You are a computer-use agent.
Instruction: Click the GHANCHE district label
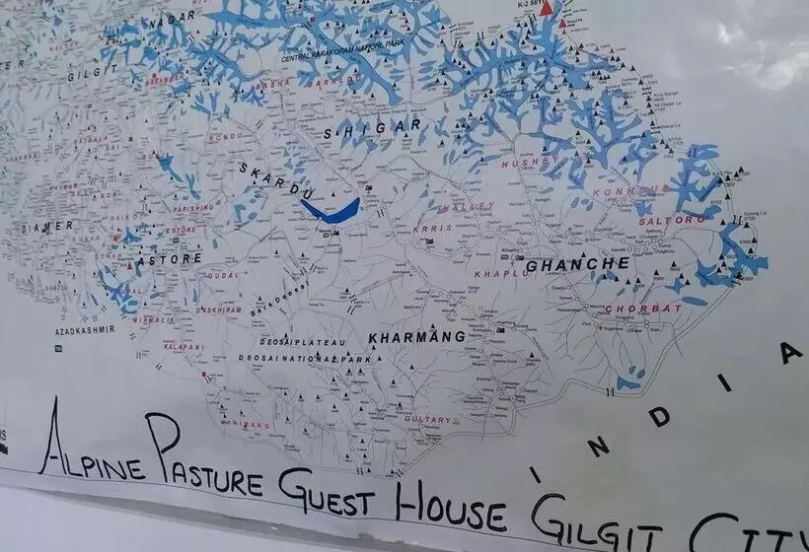[x=577, y=265]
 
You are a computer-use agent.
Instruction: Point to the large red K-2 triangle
[x=547, y=8]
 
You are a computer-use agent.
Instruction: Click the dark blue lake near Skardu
[x=331, y=209]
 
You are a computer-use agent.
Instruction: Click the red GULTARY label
[x=427, y=419]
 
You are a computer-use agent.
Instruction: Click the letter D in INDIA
[x=659, y=416]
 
